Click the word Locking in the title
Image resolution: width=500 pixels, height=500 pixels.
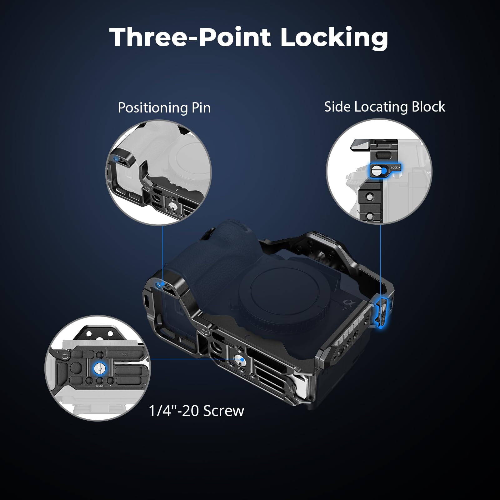pos(334,38)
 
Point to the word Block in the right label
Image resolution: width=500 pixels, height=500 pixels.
pos(428,107)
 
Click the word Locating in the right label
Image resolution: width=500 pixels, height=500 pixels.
pos(381,107)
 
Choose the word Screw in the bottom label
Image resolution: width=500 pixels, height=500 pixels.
pos(223,411)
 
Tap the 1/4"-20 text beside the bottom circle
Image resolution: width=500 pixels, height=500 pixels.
pos(174,411)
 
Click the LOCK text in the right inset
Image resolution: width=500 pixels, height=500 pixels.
pos(395,168)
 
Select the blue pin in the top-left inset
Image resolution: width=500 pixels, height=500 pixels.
pos(116,159)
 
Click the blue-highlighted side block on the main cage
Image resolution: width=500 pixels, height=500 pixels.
pos(382,313)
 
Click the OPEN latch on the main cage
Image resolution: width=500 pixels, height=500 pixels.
pos(203,331)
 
